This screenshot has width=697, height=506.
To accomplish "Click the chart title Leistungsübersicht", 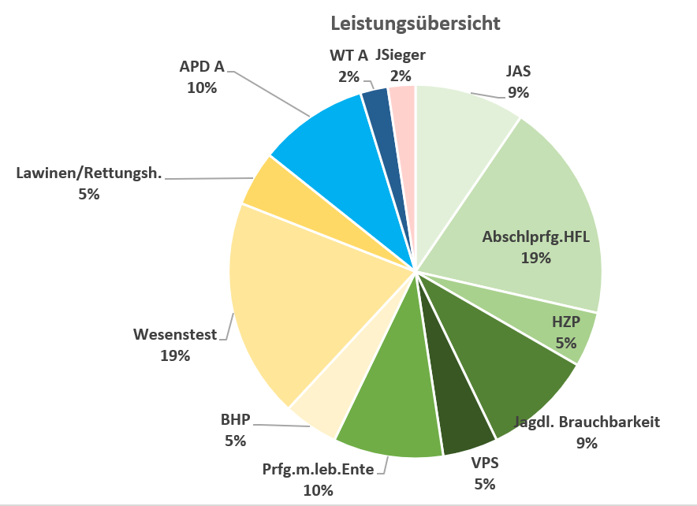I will pos(415,24).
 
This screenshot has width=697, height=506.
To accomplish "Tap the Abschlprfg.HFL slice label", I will pos(535,237).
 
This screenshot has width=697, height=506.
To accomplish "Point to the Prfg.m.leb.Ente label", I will pos(322,471).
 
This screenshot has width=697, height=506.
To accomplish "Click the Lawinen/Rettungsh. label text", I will pos(88,173).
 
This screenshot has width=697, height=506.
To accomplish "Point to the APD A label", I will pos(202,66).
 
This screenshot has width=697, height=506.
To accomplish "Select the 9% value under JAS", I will pos(518,92).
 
